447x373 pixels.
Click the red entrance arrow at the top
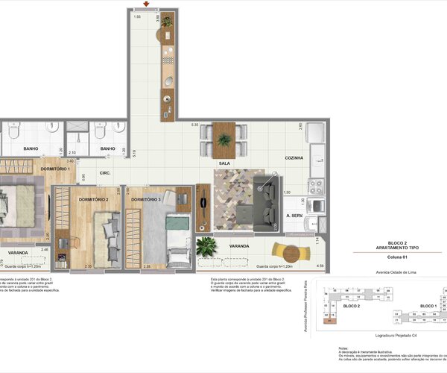click(x=150, y=5)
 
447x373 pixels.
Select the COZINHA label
click(x=293, y=158)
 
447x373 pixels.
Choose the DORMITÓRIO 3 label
click(x=146, y=200)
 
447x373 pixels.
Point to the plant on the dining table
click(x=223, y=139)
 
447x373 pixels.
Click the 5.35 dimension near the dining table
click(x=194, y=125)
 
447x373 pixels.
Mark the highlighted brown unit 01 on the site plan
click(x=330, y=322)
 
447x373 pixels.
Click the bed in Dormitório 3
click(x=177, y=239)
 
